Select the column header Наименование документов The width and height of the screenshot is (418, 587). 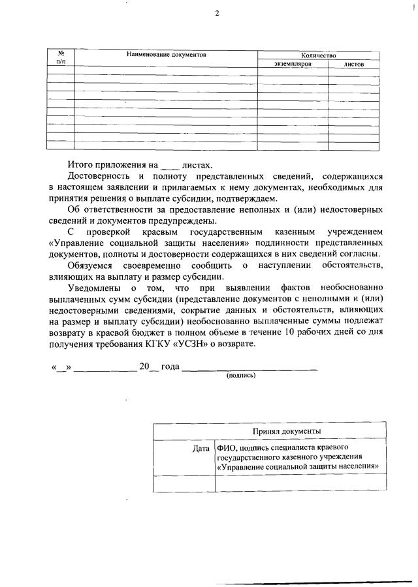[166, 55]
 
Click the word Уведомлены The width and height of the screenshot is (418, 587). [96, 287]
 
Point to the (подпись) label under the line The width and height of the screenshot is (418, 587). [241, 376]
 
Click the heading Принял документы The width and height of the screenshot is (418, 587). [287, 432]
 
